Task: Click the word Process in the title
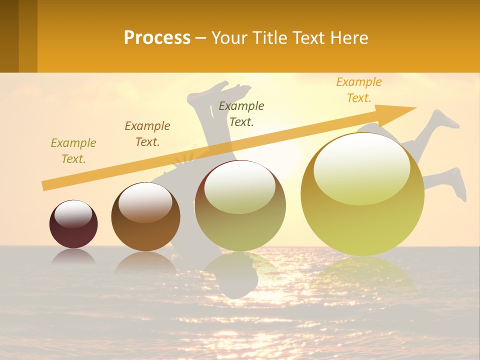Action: point(157,38)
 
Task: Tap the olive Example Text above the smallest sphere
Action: point(73,150)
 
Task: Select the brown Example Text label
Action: point(147,133)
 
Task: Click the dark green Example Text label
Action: point(241,113)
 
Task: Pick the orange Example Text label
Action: point(359,89)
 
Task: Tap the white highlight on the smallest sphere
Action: point(73,214)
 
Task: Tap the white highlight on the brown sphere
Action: point(145,202)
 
